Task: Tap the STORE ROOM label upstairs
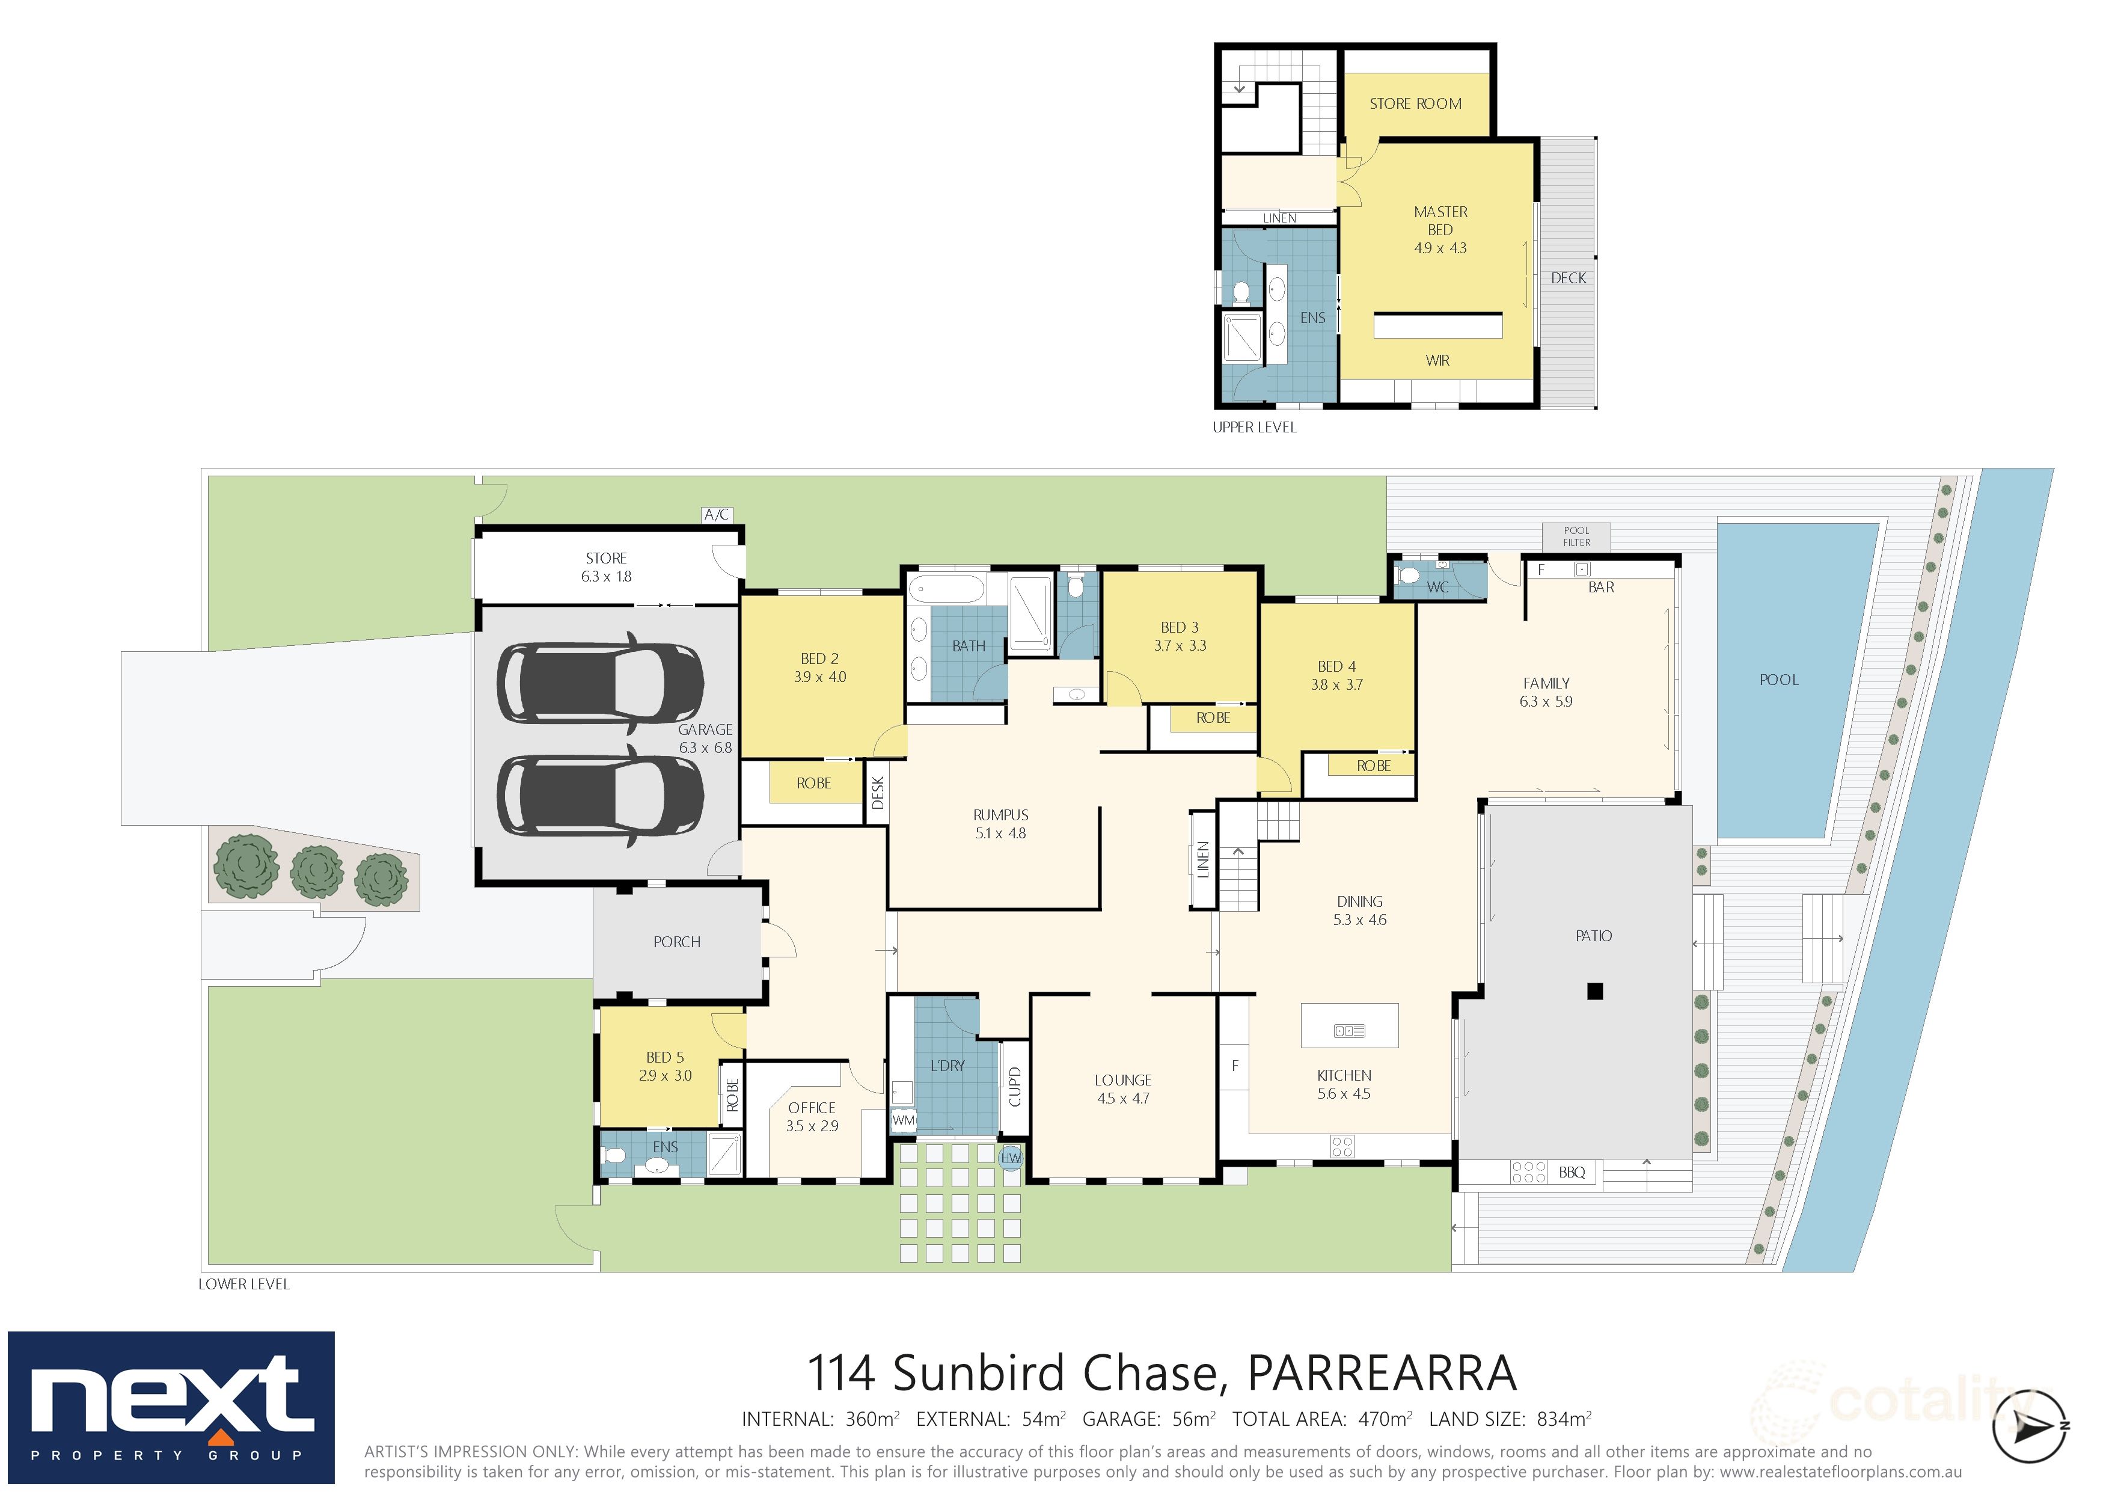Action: pyautogui.click(x=1415, y=104)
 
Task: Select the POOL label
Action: pyautogui.click(x=1778, y=680)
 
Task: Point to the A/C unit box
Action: pyautogui.click(x=717, y=515)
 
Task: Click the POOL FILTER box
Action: pyautogui.click(x=1576, y=536)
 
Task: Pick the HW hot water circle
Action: pyautogui.click(x=1011, y=1158)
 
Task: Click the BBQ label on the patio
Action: pyautogui.click(x=1572, y=1172)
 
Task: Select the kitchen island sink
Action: pyautogui.click(x=1348, y=1031)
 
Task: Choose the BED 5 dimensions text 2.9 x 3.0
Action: pyautogui.click(x=665, y=1076)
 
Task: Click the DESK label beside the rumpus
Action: pyautogui.click(x=877, y=793)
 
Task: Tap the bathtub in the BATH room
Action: pyautogui.click(x=945, y=588)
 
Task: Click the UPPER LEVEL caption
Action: pyautogui.click(x=1254, y=427)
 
